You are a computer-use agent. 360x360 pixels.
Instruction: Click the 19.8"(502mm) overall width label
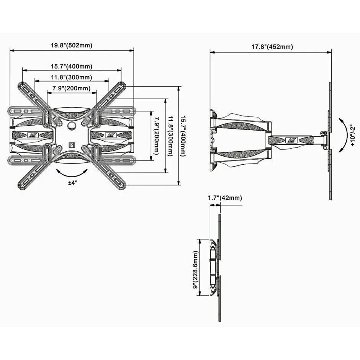[x=72, y=45]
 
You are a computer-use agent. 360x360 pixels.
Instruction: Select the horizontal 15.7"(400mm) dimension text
[x=72, y=66]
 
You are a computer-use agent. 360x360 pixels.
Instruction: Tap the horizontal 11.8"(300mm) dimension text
[x=72, y=77]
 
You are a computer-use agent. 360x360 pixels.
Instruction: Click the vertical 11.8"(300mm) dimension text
[x=171, y=135]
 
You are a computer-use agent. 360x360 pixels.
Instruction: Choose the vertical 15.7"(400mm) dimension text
[x=185, y=135]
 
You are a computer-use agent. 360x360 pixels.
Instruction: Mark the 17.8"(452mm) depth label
[x=272, y=47]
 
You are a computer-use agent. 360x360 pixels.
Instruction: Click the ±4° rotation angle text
[x=73, y=183]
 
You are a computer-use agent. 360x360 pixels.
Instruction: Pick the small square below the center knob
[x=72, y=145]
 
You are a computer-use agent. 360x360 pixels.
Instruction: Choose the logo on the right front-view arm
[x=111, y=135]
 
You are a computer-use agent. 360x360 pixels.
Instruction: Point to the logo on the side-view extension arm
[x=293, y=139]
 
